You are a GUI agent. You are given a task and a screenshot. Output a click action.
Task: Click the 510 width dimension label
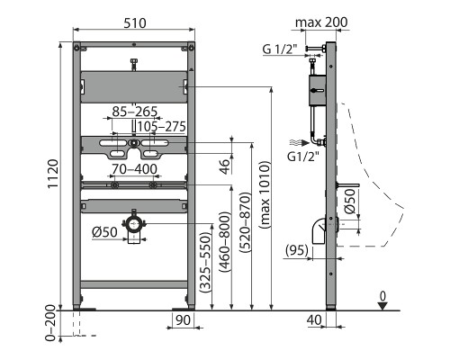(x=135, y=23)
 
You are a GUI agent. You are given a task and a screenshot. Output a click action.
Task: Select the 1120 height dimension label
(x=53, y=174)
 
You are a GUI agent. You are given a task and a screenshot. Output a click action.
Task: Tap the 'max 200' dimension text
(x=321, y=22)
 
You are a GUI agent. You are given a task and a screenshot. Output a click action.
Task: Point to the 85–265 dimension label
(x=135, y=112)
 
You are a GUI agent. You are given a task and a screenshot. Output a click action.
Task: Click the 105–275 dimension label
(x=162, y=127)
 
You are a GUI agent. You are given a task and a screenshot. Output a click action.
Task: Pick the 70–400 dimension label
(x=134, y=169)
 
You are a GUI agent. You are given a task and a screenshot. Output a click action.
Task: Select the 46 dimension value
(x=225, y=166)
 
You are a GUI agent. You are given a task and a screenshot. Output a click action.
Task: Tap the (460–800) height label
(x=225, y=242)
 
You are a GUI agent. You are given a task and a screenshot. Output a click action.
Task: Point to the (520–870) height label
(x=245, y=222)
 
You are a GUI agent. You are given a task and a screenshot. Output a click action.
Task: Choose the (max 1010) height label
(x=265, y=195)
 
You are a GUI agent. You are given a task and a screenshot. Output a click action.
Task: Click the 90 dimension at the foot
(x=183, y=320)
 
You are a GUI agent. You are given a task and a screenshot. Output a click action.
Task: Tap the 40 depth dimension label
(x=314, y=320)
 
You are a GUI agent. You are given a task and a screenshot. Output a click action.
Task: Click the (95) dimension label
(x=297, y=250)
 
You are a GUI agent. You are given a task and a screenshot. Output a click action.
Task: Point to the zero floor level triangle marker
(x=382, y=306)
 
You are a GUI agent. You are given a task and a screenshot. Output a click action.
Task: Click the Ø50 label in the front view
(x=104, y=232)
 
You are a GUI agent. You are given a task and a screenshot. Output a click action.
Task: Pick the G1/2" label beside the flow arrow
(x=303, y=157)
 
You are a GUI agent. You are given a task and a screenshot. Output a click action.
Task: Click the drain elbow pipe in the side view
(x=319, y=231)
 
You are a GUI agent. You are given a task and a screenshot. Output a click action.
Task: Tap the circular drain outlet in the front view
(x=134, y=224)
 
